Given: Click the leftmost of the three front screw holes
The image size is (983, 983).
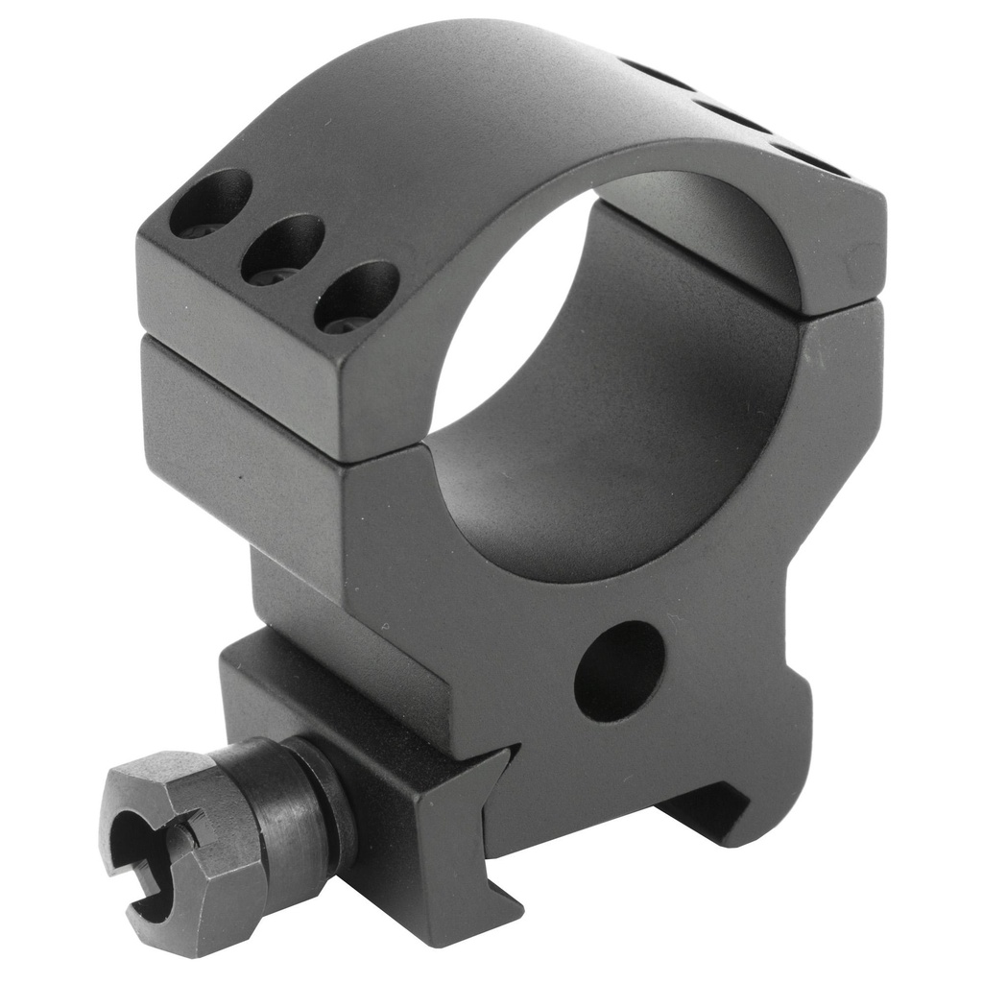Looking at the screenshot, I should click(209, 204).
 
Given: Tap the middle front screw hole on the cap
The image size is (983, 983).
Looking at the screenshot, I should click(282, 250).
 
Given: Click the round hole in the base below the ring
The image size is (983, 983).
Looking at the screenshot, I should click(619, 671).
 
